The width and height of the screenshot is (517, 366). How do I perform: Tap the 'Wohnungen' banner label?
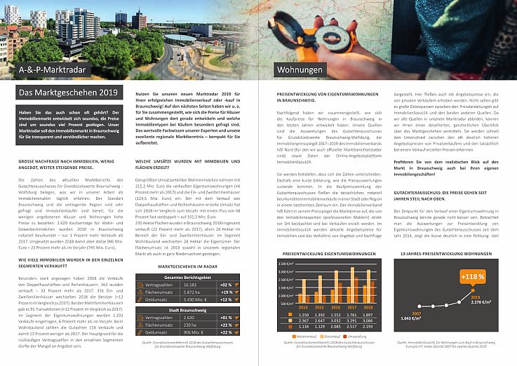[299, 70]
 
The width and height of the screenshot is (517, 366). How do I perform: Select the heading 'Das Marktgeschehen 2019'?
[58, 93]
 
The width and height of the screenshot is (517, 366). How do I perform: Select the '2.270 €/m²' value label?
[474, 303]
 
